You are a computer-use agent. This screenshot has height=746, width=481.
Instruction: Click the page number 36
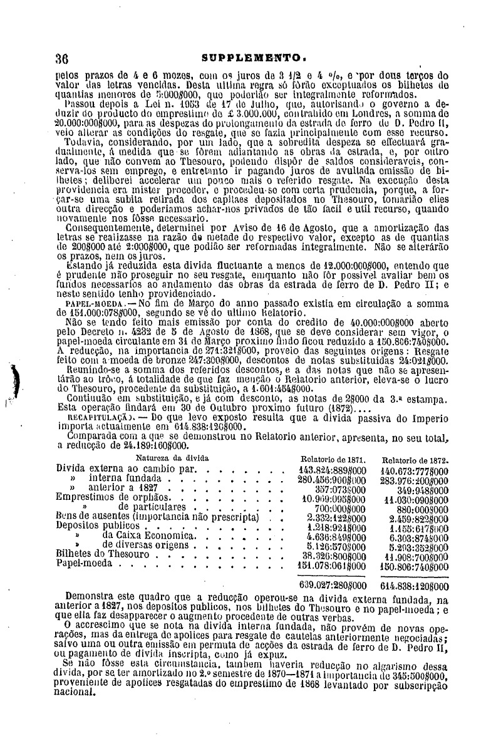pos(61,60)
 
